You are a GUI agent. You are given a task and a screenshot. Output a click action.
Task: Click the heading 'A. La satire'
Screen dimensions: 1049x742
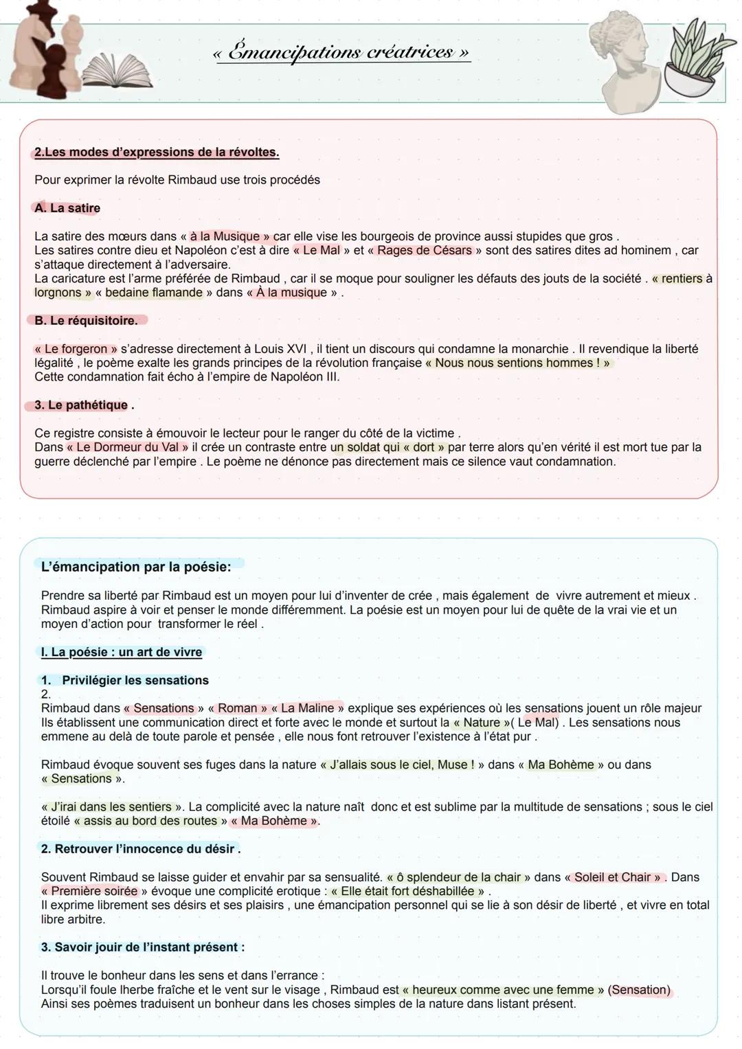coord(67,208)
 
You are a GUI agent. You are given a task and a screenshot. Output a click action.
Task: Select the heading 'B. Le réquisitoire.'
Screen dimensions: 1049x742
coord(86,321)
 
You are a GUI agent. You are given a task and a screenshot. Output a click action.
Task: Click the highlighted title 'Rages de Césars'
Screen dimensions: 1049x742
coord(425,251)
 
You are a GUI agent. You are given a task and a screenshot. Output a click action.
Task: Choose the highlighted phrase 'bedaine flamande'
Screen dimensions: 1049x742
coord(154,293)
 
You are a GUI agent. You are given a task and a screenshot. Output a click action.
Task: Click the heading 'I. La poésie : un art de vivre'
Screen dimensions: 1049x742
coord(122,652)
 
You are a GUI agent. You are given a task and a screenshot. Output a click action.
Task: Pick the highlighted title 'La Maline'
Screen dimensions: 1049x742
coord(307,708)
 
